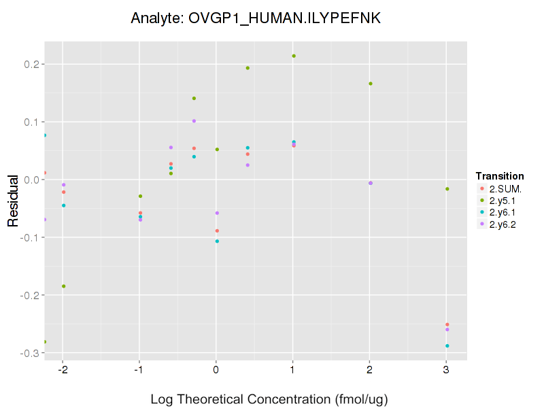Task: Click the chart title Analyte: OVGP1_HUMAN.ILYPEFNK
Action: pos(256,19)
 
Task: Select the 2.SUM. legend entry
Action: pos(499,188)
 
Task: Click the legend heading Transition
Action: pos(500,176)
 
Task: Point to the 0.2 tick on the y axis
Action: pos(32,65)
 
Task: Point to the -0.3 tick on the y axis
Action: pos(31,354)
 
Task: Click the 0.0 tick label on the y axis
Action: pos(32,180)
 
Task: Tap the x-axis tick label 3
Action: pos(446,371)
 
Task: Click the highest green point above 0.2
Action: pos(294,56)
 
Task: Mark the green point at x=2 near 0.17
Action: pos(371,84)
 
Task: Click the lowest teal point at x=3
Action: pos(447,345)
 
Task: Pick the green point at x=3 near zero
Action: pos(447,188)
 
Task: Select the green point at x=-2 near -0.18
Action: pos(64,286)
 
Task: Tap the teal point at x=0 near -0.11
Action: pos(217,241)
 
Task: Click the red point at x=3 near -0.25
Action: pos(447,324)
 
